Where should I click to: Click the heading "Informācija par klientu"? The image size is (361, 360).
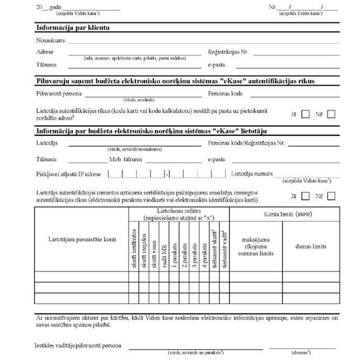pos(72,27)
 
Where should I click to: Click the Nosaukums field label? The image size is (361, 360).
pos(50,41)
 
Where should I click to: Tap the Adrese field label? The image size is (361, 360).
pos(45,52)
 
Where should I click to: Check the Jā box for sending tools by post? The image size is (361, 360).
pos(306,114)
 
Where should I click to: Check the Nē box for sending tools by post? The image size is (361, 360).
pos(331,114)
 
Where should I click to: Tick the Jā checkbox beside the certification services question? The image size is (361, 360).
pos(306,197)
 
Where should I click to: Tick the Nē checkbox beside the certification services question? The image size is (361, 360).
pos(331,197)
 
